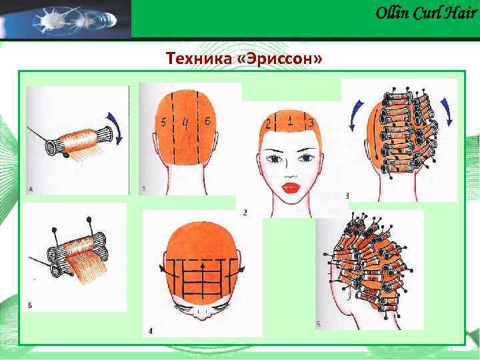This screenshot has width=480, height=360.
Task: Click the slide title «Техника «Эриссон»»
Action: [x=245, y=60]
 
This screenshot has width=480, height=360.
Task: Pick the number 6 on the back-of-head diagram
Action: [x=208, y=121]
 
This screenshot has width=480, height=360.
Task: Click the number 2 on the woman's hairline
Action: [x=268, y=124]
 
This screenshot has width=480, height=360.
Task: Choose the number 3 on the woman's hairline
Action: [x=311, y=123]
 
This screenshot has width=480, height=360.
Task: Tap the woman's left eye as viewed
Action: [x=273, y=159]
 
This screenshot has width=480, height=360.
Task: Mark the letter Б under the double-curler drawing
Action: [x=30, y=305]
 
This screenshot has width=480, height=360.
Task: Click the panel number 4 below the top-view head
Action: [x=149, y=331]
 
